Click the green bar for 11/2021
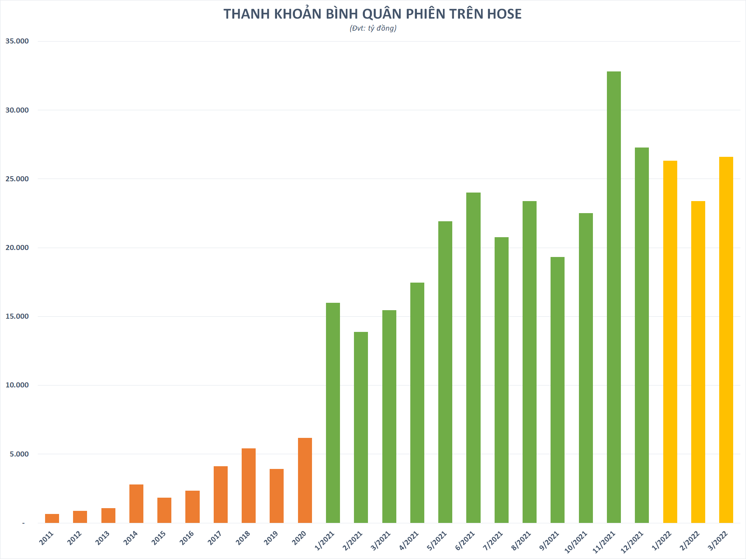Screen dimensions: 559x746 point(614,297)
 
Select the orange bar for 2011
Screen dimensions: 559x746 point(52,518)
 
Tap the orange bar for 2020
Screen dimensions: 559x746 point(305,480)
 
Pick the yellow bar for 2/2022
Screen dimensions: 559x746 point(698,362)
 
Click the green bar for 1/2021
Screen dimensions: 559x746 point(333,413)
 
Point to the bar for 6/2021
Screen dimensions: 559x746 point(473,358)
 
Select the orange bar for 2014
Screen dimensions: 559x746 point(136,503)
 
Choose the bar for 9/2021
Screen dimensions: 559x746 point(557,390)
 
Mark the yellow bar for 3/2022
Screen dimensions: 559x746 point(726,340)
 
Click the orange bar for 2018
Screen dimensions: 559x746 point(249,485)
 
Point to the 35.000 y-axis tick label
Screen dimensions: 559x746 point(17,41)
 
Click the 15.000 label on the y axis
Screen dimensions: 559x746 point(17,316)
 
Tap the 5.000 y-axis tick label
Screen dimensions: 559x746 point(19,454)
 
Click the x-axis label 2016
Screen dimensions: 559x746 point(187,538)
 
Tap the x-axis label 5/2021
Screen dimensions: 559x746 point(437,541)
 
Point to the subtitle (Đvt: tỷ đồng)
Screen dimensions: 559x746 point(373,28)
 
